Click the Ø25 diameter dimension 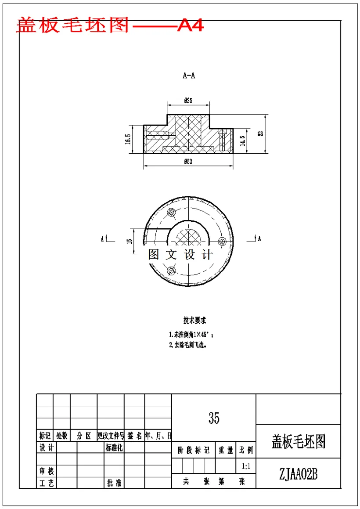click(x=188, y=101)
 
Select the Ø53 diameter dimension click(x=188, y=162)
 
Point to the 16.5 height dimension click(x=128, y=139)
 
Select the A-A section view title click(x=189, y=76)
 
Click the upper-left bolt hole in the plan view click(x=171, y=212)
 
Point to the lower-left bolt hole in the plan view click(x=171, y=269)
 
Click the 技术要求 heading click(x=194, y=321)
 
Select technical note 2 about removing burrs click(x=188, y=345)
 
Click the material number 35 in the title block click(x=214, y=418)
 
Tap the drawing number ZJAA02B click(x=298, y=474)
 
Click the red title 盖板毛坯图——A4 click(x=110, y=26)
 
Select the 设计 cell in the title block click(x=46, y=448)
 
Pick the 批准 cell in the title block click(x=114, y=483)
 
